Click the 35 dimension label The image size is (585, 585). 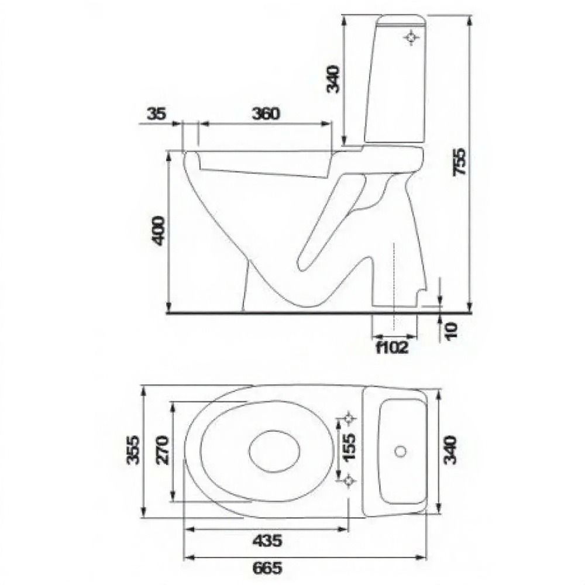click(156, 113)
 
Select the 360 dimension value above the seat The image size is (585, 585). click(266, 113)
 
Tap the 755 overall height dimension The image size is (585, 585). click(459, 162)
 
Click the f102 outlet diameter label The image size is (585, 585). click(393, 347)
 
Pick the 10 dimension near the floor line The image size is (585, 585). click(452, 331)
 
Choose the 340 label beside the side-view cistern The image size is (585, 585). click(333, 79)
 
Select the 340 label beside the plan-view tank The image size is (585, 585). click(451, 449)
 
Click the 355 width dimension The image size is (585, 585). click(133, 449)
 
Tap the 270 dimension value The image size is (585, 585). click(163, 449)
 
